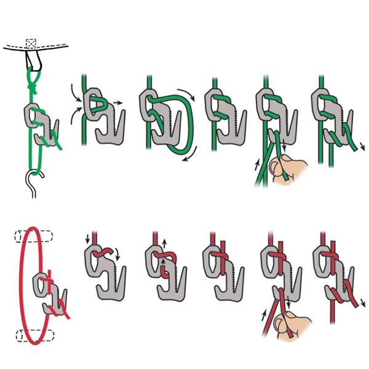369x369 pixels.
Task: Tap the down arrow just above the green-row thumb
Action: point(285,148)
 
